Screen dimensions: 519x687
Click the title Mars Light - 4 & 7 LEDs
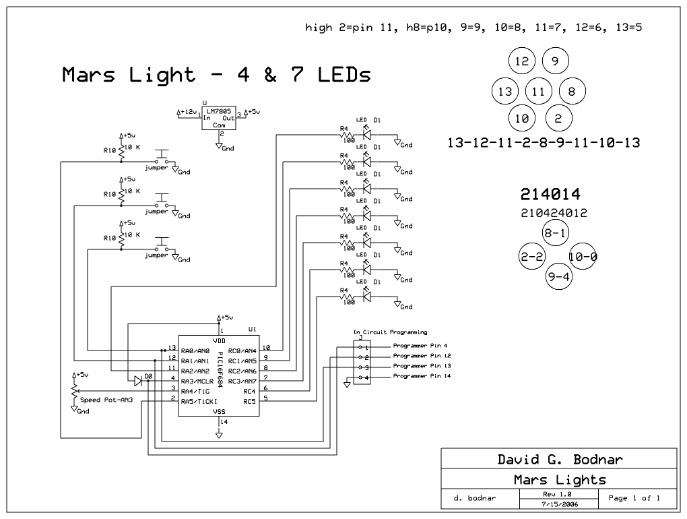pyautogui.click(x=216, y=74)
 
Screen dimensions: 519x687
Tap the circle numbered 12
pyautogui.click(x=522, y=61)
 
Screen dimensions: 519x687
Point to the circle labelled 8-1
pyautogui.click(x=556, y=233)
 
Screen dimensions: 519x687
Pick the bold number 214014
pyautogui.click(x=550, y=195)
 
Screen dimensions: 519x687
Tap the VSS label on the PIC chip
pyautogui.click(x=219, y=410)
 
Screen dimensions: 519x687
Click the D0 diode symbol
pyautogui.click(x=138, y=381)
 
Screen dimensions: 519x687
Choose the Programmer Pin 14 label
pyautogui.click(x=422, y=376)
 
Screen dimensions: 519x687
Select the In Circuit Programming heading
pyautogui.click(x=390, y=332)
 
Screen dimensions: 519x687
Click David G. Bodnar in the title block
pyautogui.click(x=560, y=460)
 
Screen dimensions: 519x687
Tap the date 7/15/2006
pyautogui.click(x=560, y=503)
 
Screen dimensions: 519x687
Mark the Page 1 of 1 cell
pyautogui.click(x=633, y=498)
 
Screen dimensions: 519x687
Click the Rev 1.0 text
pyautogui.click(x=560, y=493)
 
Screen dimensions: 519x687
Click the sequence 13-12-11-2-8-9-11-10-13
pyautogui.click(x=543, y=143)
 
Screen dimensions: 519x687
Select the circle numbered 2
pyautogui.click(x=558, y=119)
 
